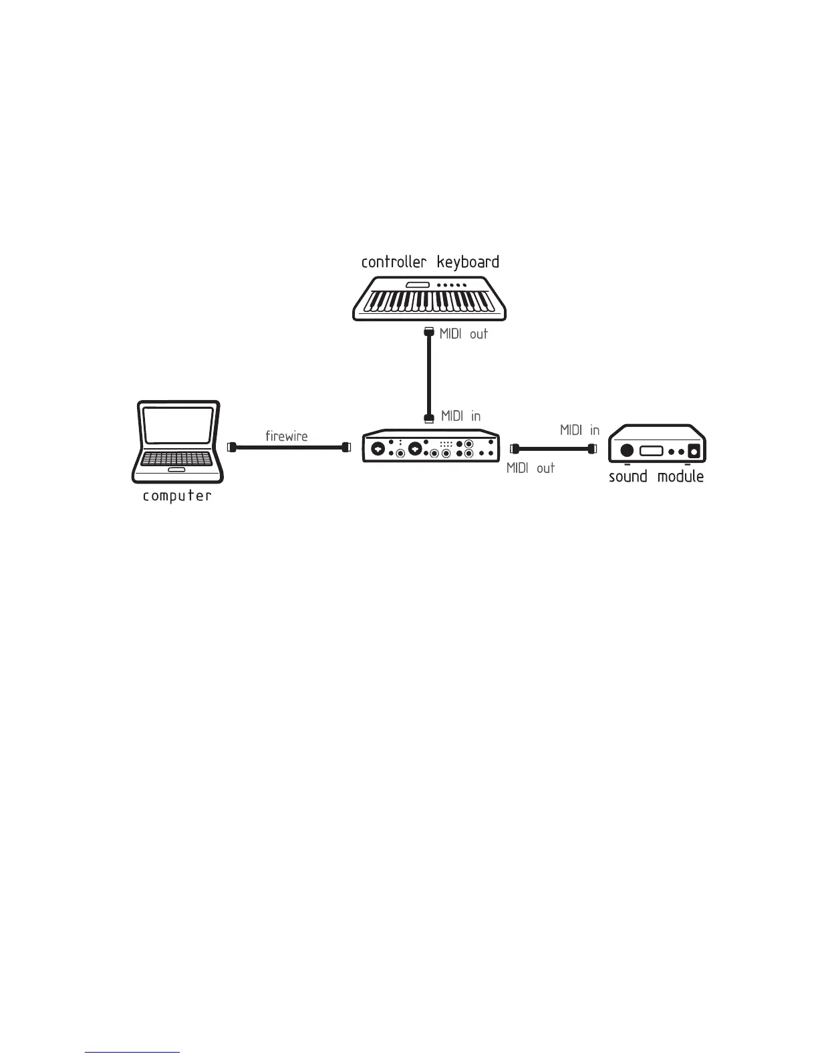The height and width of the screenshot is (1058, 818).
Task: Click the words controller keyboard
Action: (430, 262)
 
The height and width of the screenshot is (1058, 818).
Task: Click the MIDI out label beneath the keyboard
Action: (463, 334)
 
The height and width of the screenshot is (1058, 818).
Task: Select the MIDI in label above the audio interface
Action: (460, 416)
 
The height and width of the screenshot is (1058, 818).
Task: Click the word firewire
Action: (287, 437)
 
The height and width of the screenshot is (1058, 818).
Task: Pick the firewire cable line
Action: (287, 448)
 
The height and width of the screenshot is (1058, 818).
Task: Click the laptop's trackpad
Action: (177, 470)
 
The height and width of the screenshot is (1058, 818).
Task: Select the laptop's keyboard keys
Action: (177, 459)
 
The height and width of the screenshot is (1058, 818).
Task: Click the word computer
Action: (177, 496)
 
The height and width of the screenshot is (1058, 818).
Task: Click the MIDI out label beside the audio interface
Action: (531, 468)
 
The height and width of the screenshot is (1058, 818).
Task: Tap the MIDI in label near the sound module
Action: (579, 431)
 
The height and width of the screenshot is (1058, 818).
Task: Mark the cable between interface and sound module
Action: (553, 449)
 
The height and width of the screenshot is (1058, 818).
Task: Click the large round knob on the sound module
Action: (627, 451)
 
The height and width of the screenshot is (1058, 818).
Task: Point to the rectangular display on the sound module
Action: (651, 451)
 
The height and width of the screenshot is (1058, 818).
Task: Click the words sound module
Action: (656, 476)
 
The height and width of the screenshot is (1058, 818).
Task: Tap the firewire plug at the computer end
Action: (232, 448)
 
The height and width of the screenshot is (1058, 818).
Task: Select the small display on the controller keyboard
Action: (417, 285)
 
